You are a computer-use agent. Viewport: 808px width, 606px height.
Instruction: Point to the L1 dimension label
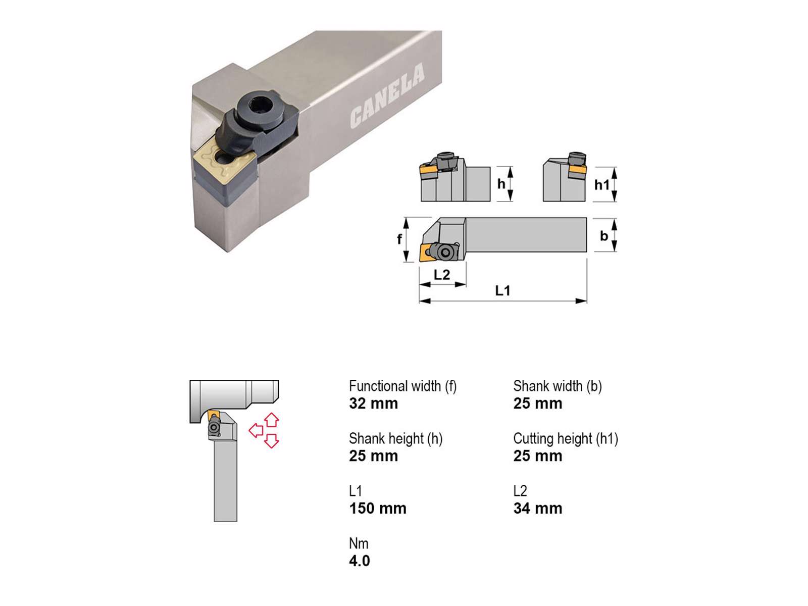[x=502, y=291]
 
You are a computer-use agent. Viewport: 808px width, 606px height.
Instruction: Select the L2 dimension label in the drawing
[x=442, y=275]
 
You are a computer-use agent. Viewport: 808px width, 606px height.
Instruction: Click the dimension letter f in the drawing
[x=399, y=239]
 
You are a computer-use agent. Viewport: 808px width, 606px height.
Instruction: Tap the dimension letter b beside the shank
[x=603, y=235]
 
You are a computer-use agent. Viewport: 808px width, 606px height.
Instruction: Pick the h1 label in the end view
[x=602, y=184]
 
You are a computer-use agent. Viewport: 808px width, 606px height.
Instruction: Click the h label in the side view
[x=501, y=183]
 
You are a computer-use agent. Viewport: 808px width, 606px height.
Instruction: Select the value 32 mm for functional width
[x=373, y=403]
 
